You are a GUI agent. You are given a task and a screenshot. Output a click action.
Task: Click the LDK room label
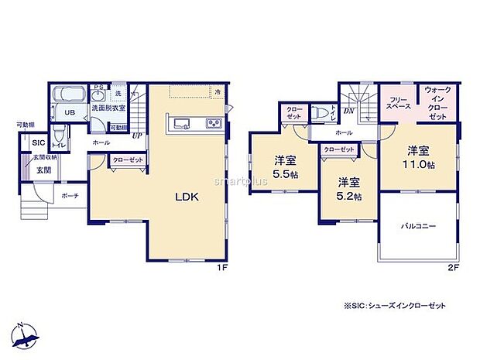187,197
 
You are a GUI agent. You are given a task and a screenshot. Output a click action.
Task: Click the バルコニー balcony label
418,226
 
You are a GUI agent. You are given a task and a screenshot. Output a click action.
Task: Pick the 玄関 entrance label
42,171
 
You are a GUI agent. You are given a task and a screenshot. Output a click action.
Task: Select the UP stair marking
136,135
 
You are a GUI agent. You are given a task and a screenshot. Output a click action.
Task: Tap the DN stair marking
348,111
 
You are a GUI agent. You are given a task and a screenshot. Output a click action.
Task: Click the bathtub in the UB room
70,96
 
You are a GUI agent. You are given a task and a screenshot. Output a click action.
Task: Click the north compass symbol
27,334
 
